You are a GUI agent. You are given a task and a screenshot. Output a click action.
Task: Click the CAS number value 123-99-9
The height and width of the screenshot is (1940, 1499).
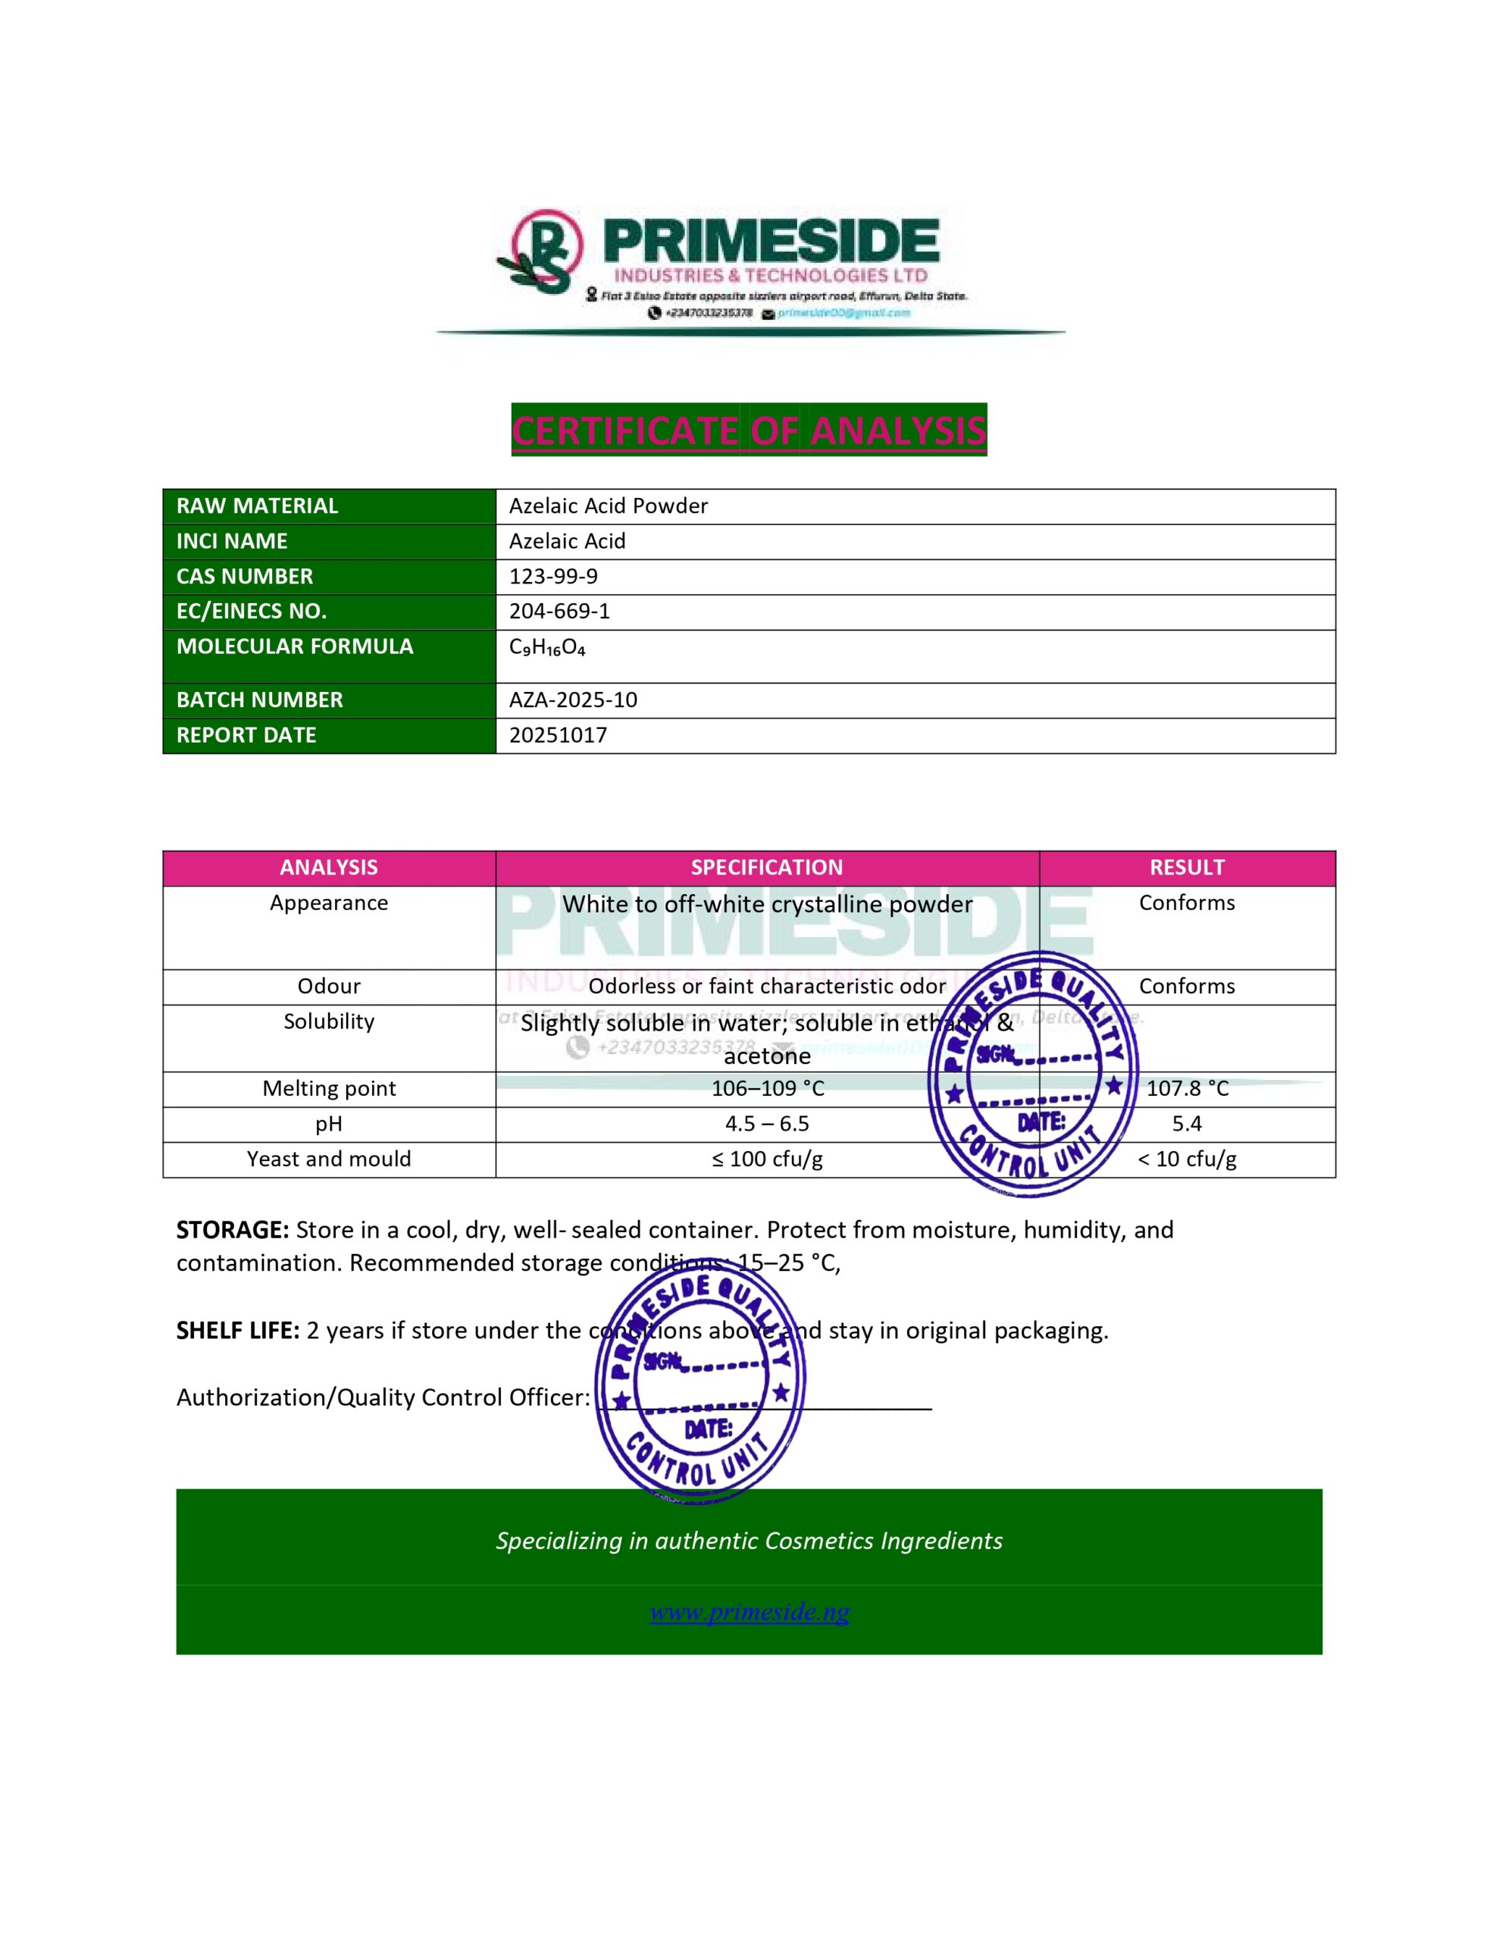click(552, 577)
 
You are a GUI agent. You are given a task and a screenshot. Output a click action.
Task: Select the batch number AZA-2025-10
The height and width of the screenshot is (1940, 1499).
click(572, 700)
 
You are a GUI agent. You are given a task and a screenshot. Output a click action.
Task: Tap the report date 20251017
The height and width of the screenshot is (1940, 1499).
click(558, 736)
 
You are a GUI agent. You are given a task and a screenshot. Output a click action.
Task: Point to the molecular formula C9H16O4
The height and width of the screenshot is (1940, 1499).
click(546, 648)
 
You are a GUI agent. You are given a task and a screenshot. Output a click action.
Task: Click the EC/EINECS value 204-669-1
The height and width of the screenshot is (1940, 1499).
click(559, 611)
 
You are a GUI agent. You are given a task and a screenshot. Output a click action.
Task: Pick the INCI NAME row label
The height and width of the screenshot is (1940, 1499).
click(232, 541)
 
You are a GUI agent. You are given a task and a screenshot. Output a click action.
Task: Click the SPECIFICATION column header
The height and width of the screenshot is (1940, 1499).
click(767, 868)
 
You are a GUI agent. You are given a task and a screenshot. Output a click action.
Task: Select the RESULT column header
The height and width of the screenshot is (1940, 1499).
click(1186, 868)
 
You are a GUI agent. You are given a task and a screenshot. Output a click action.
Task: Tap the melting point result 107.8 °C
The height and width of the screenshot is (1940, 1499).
click(1187, 1089)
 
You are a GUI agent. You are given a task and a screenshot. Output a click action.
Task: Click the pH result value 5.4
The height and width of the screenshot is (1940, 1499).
click(1186, 1124)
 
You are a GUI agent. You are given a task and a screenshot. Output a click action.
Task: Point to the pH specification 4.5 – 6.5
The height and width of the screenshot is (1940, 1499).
click(767, 1124)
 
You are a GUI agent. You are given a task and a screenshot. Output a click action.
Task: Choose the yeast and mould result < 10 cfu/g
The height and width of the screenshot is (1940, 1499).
click(1186, 1159)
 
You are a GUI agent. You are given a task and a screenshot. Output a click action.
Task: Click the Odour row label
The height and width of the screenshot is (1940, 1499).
click(329, 986)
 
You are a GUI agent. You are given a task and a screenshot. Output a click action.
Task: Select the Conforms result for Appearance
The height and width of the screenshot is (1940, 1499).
click(1186, 903)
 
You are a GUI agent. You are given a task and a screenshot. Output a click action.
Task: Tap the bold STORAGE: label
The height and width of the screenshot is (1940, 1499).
click(232, 1230)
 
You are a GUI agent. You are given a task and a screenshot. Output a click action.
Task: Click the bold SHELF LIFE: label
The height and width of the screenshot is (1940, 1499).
click(237, 1331)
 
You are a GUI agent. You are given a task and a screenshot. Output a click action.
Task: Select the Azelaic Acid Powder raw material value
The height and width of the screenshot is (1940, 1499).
click(608, 506)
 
